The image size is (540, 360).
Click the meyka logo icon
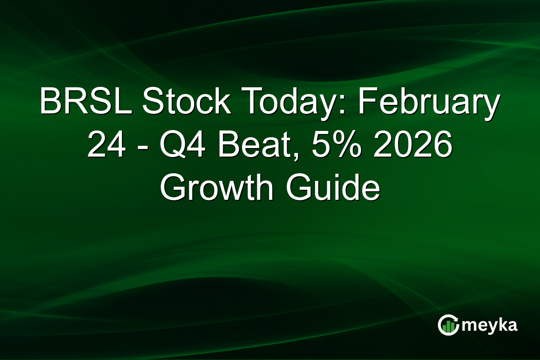tap(448, 325)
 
